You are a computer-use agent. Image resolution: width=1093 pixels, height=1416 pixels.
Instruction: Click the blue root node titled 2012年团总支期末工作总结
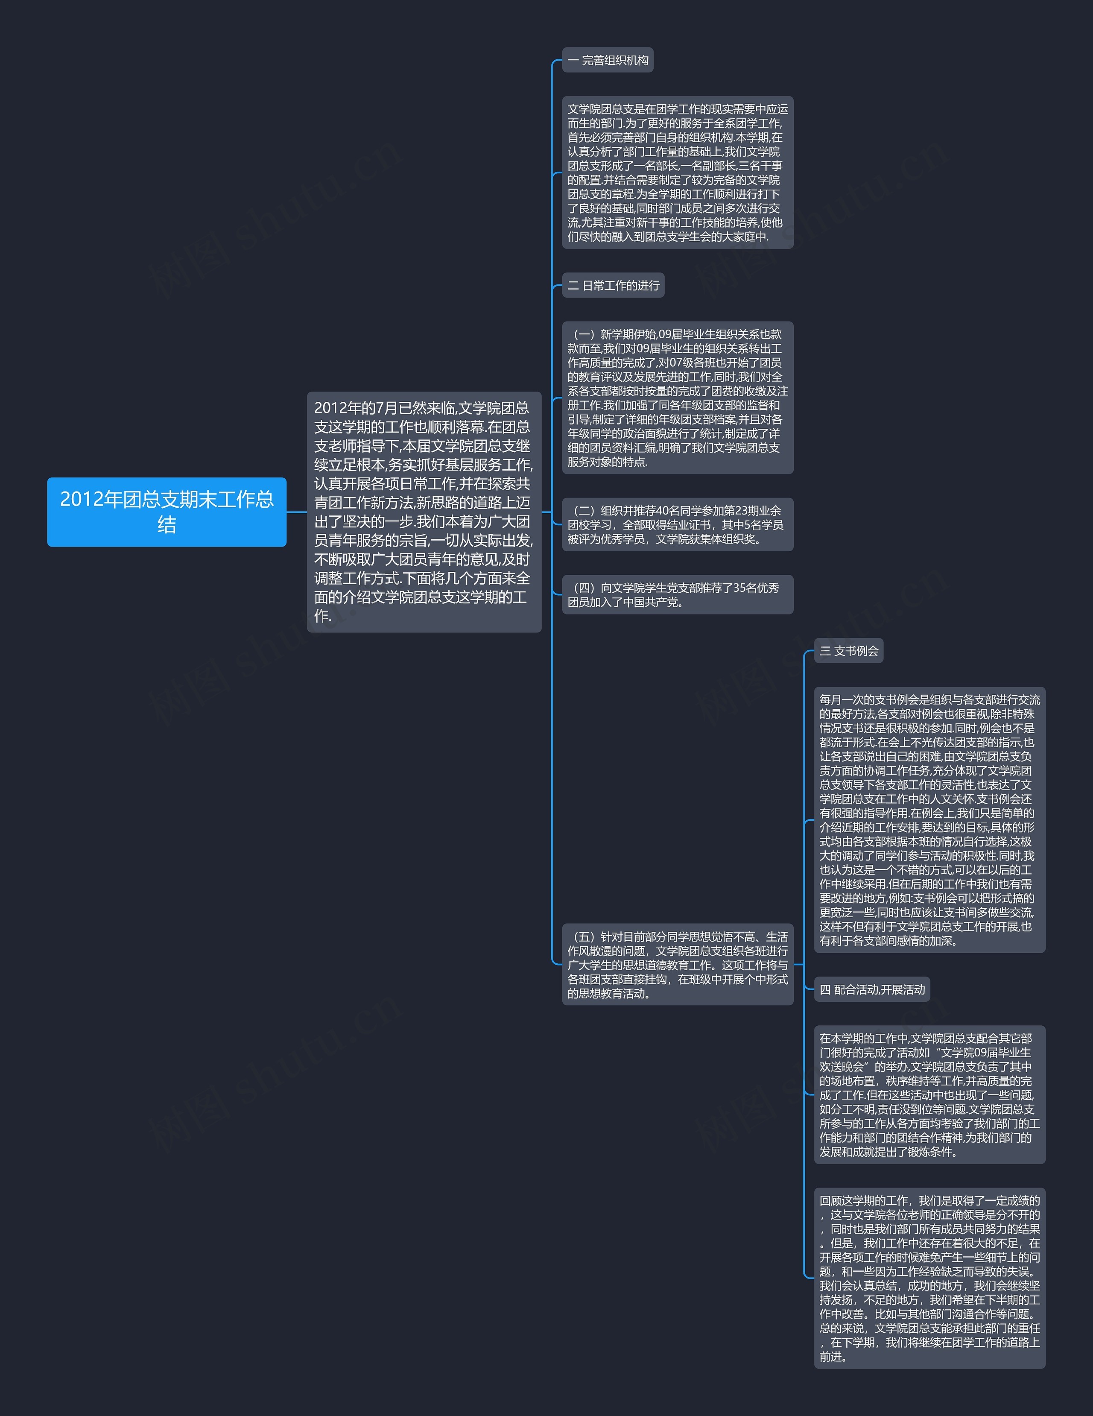167,512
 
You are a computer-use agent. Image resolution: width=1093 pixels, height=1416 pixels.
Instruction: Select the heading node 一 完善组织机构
608,60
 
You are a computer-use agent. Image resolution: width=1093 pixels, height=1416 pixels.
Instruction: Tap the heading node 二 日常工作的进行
613,285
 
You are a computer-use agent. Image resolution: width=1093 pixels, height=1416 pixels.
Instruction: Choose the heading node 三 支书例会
849,651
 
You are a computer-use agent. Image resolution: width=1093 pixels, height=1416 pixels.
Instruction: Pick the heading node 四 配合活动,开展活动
872,989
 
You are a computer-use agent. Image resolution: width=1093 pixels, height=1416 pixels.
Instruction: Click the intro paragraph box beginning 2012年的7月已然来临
424,512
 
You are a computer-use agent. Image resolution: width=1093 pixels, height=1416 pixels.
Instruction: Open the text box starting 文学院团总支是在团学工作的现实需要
678,173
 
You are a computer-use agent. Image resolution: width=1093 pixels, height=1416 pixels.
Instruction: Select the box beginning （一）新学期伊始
678,398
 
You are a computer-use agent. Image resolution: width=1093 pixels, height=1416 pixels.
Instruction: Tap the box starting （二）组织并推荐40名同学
678,524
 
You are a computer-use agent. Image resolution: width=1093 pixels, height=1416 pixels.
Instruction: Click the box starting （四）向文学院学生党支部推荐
678,594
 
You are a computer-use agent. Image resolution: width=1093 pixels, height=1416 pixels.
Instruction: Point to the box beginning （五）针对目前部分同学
678,965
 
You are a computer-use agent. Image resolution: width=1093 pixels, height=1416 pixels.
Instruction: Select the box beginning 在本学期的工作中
929,1095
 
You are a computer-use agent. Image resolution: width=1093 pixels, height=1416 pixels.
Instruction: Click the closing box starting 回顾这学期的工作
929,1278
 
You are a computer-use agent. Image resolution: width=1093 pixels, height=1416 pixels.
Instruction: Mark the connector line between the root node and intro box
296,512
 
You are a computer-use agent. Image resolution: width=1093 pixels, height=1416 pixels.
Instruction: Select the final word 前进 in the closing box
830,1356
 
